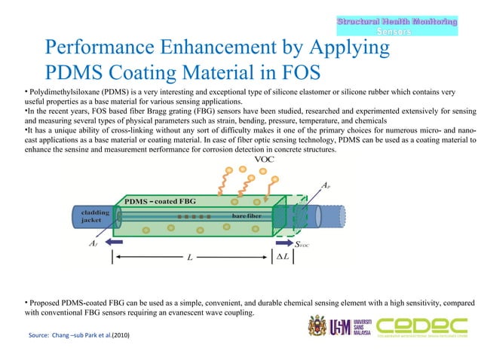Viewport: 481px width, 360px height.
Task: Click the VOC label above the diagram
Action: point(264,160)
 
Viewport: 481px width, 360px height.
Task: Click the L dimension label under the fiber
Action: point(190,257)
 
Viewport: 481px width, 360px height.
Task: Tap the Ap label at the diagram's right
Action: point(324,185)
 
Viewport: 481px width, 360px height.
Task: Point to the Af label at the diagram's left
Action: point(93,243)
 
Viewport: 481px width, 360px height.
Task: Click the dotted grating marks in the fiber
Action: point(193,216)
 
